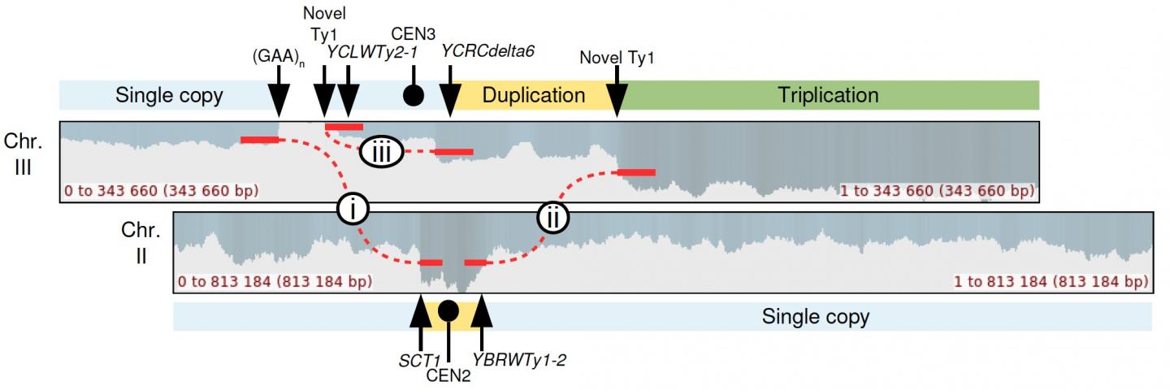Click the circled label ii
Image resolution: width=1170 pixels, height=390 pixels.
pos(552,218)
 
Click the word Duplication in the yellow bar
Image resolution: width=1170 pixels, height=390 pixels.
pos(534,95)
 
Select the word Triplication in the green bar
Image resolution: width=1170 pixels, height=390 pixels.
pos(828,95)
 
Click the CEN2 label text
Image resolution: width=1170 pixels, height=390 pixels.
pos(448,375)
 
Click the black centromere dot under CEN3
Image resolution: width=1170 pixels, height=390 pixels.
pos(414,96)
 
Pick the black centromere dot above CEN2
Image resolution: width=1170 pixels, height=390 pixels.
pos(448,311)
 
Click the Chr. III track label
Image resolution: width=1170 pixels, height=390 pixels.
pos(22,154)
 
